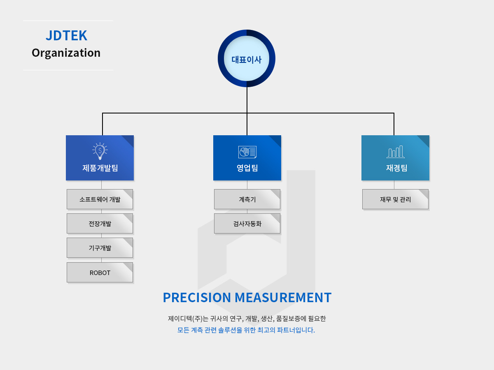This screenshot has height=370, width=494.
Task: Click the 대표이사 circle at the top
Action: tap(247, 58)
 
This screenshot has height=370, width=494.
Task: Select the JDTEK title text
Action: tap(66, 35)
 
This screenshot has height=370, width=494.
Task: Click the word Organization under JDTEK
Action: tap(66, 53)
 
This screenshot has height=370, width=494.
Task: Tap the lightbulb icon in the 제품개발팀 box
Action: tap(100, 151)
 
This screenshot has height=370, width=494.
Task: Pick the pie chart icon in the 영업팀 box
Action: tap(247, 152)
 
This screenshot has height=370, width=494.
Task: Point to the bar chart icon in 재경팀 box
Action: tap(396, 152)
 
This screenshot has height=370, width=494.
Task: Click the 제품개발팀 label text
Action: tap(100, 168)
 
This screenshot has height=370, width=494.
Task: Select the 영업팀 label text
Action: tap(247, 168)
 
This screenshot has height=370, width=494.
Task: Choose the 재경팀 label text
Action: tap(396, 168)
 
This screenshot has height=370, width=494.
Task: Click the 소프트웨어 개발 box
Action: tap(100, 199)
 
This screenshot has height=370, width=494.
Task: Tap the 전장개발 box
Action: tap(100, 224)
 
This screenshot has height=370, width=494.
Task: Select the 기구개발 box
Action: tap(100, 248)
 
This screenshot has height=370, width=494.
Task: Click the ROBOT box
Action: tap(100, 273)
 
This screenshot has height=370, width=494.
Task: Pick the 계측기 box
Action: tap(247, 199)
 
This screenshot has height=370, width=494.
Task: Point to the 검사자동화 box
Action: tap(247, 224)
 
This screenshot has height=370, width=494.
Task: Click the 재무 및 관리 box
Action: tap(395, 199)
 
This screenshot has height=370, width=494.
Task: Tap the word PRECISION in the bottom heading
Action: tap(197, 297)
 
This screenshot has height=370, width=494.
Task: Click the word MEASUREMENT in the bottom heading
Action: tap(283, 297)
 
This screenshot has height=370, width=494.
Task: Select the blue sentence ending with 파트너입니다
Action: tap(246, 330)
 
